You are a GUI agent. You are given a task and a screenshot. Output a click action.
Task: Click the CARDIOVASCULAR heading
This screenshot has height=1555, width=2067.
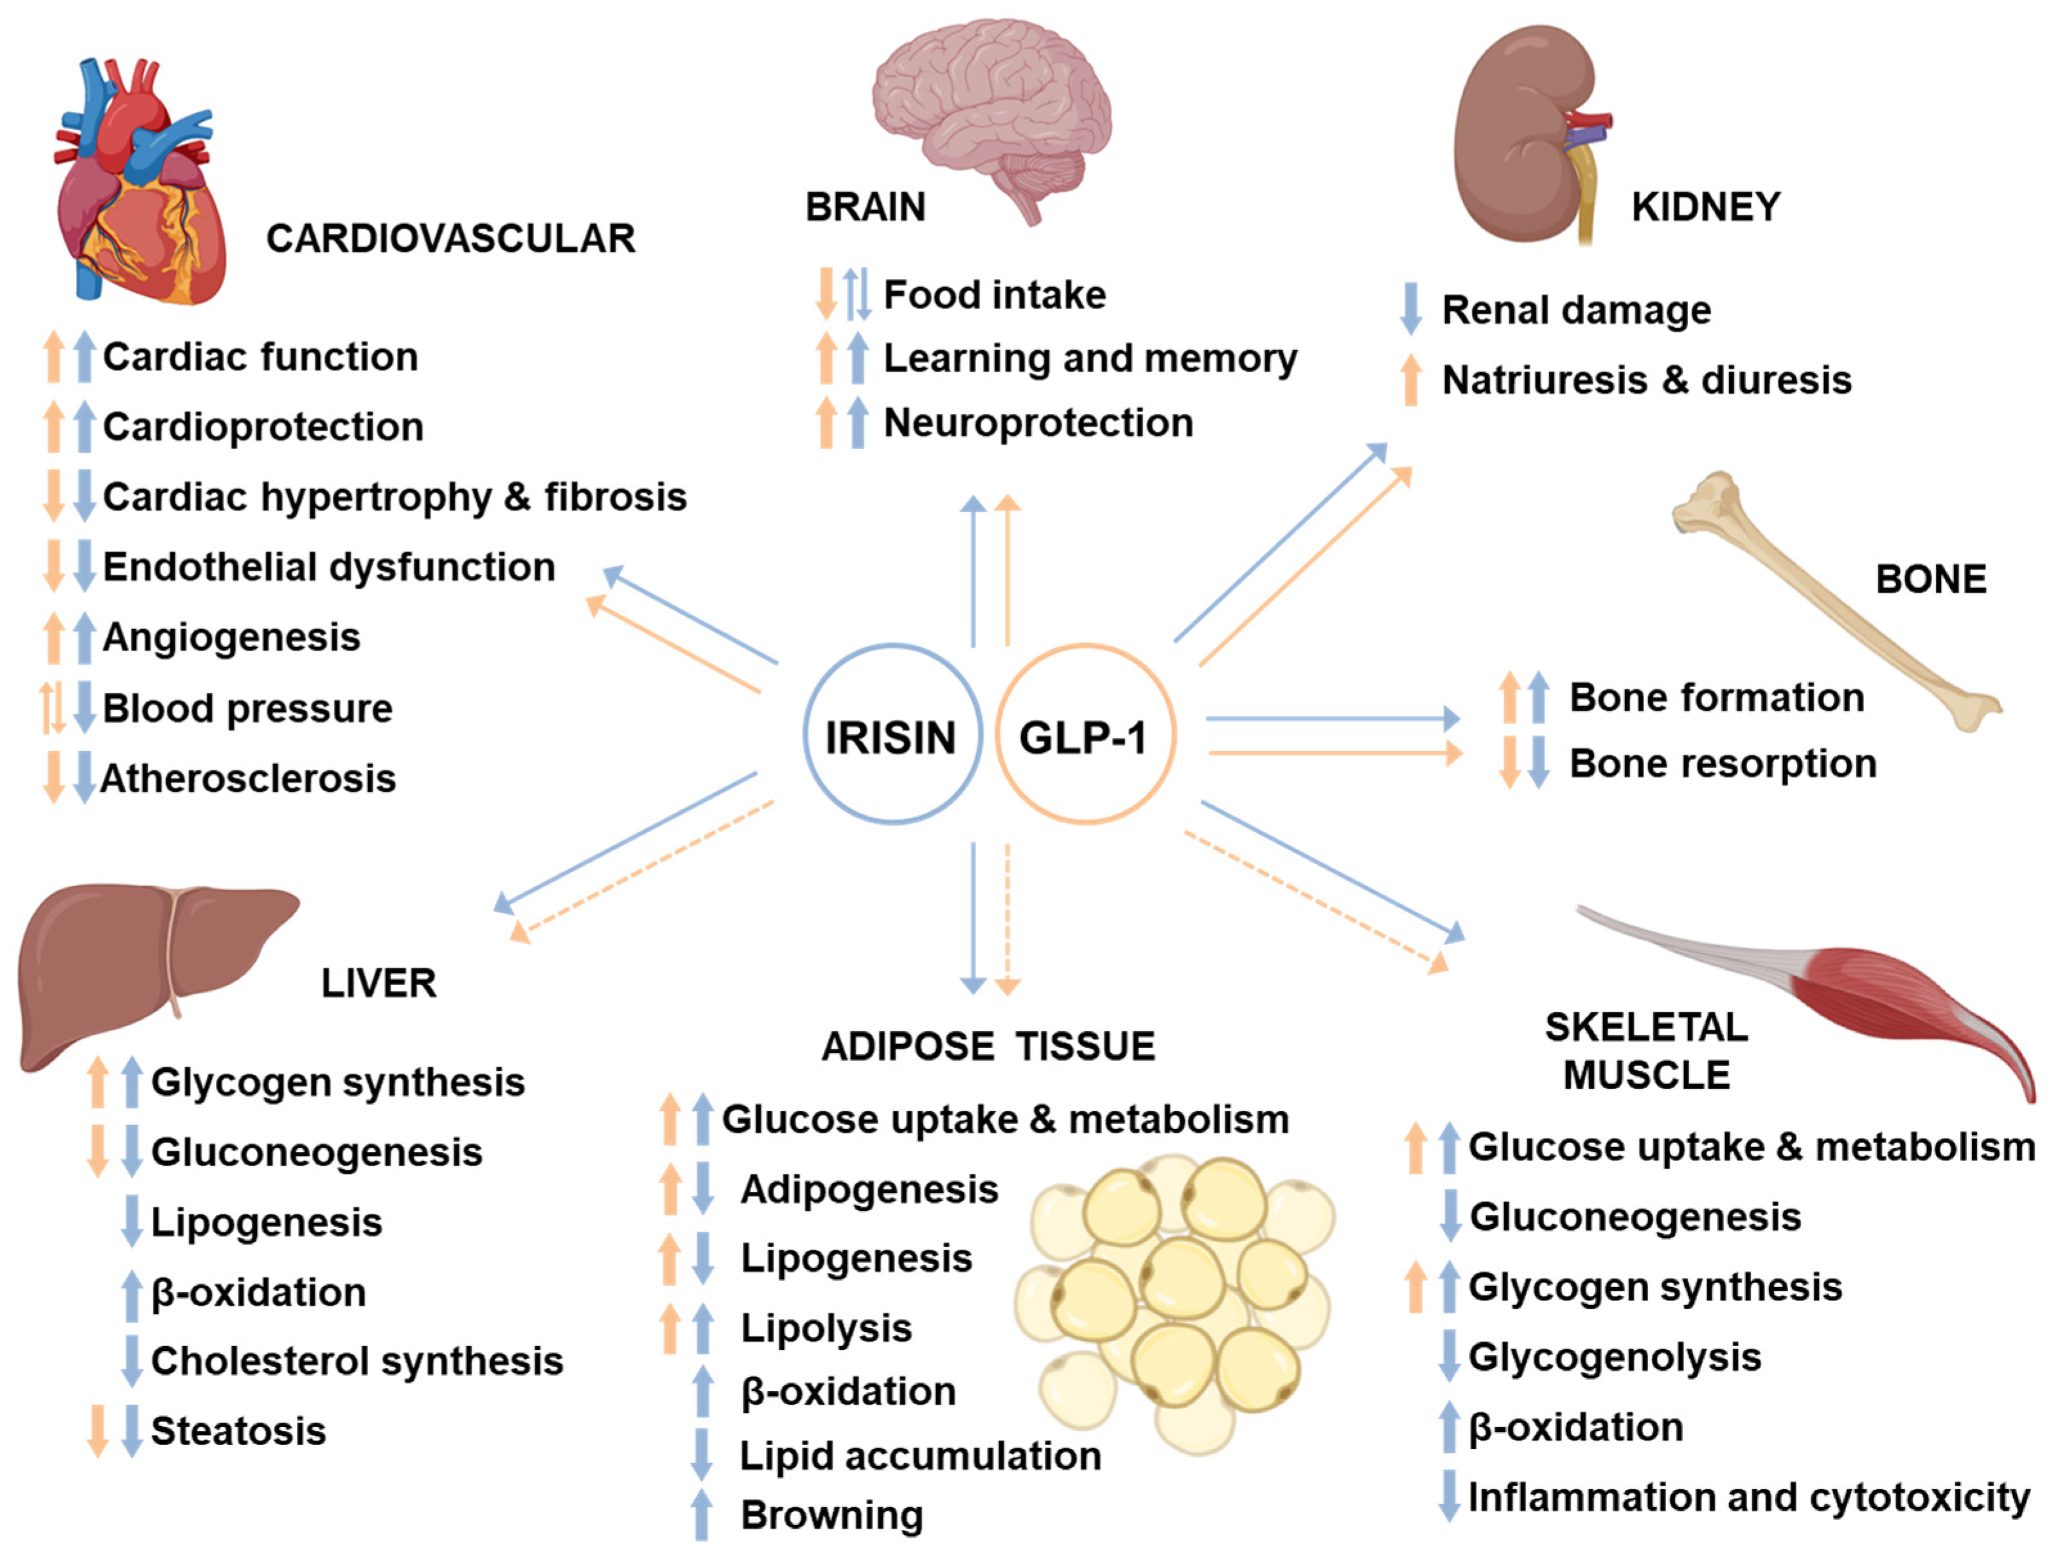(450, 239)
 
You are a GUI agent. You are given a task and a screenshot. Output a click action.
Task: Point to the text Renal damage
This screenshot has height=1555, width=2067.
(1576, 310)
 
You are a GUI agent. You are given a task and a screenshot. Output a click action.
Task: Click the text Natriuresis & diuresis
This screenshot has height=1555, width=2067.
(1647, 380)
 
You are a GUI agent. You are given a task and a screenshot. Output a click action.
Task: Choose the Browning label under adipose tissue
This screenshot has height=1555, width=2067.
(831, 1515)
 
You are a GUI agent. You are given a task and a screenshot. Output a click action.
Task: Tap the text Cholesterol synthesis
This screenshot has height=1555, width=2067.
(357, 1362)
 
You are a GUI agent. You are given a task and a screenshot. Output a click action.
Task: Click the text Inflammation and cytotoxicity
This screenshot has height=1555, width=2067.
(1748, 1497)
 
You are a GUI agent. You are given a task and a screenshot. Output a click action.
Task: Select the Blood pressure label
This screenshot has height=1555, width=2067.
(247, 708)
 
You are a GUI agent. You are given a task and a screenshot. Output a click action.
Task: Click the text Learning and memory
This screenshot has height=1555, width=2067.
(1090, 359)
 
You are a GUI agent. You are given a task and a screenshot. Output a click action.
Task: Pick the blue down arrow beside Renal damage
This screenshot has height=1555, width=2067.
(1411, 308)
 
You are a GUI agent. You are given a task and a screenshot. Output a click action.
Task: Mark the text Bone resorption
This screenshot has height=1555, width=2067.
(1722, 763)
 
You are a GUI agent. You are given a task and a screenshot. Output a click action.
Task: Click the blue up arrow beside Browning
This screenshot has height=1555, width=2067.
(702, 1515)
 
